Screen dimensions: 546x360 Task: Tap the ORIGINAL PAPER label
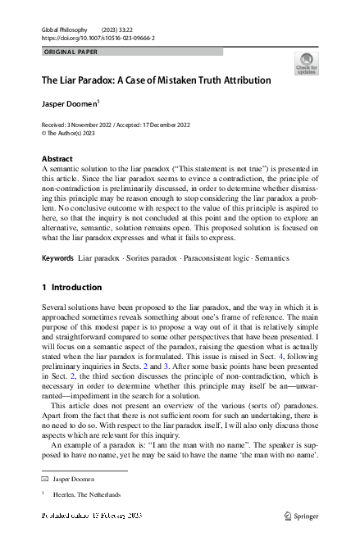click(71, 51)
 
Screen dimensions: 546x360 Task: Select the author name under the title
click(68, 104)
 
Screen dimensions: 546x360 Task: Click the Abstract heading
click(57, 158)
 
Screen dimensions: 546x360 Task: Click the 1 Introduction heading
click(71, 288)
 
